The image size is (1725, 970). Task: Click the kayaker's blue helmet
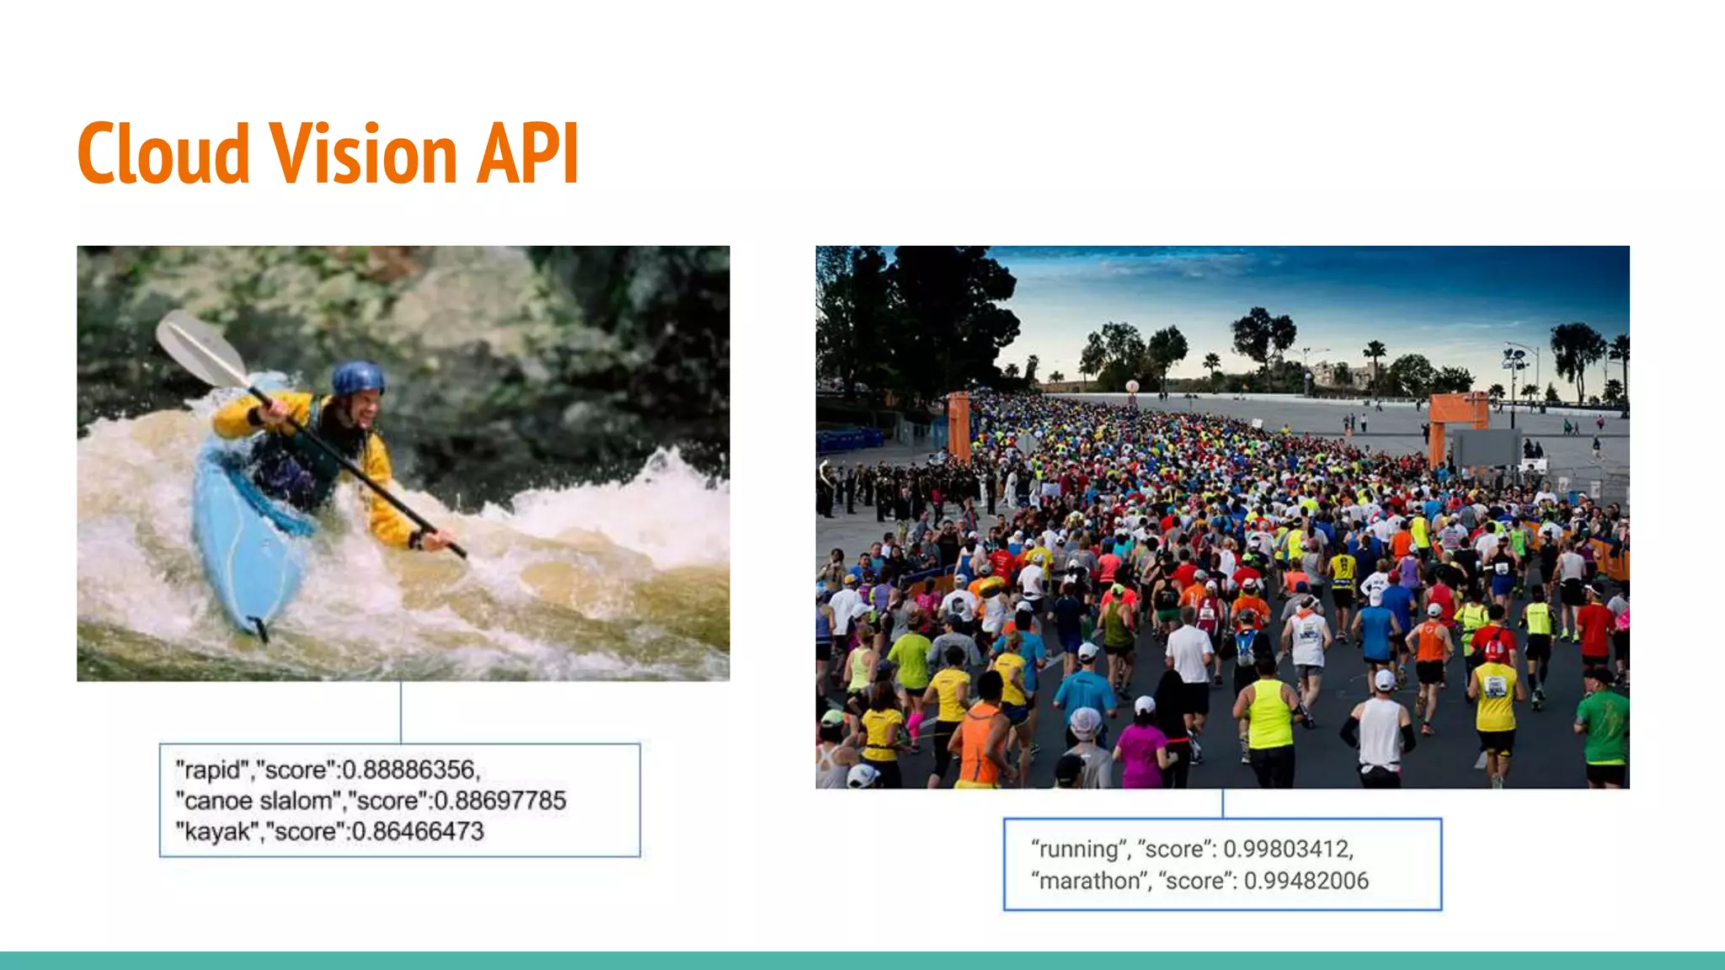(357, 379)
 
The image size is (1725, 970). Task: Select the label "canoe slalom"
(258, 801)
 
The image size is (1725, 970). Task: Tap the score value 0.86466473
(418, 832)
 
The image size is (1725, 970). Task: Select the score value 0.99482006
(1306, 881)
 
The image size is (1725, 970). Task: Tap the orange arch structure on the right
(1457, 413)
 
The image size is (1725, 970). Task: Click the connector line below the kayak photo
(401, 712)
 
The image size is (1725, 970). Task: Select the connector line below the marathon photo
(1222, 803)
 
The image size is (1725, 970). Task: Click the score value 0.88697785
(499, 801)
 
